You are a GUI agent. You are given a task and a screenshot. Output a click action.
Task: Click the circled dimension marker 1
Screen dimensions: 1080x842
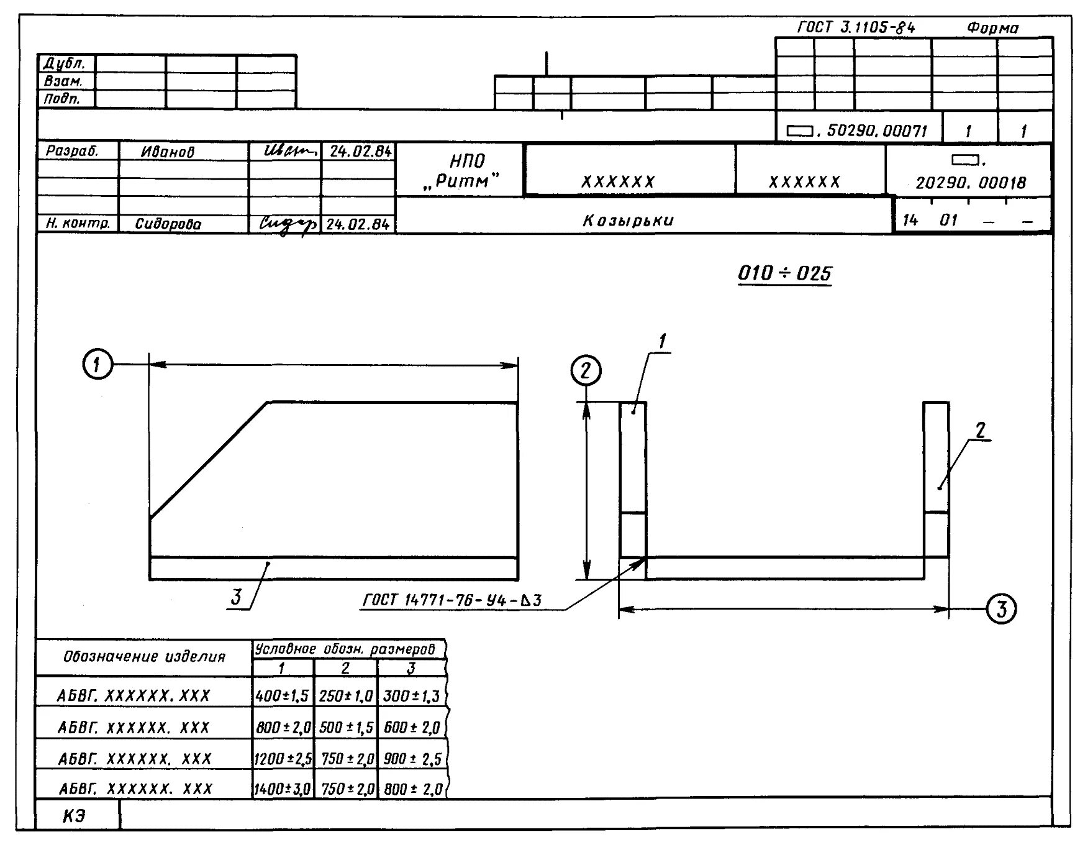98,365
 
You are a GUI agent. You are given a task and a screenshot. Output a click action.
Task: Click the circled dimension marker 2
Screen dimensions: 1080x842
586,371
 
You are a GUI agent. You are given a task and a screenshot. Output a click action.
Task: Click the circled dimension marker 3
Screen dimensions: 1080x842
1001,609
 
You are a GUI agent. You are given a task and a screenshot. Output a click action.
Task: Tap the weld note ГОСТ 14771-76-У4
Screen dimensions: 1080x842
452,600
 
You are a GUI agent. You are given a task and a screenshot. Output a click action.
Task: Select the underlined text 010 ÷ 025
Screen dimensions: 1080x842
784,273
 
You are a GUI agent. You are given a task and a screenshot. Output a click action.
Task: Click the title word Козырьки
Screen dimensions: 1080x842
628,221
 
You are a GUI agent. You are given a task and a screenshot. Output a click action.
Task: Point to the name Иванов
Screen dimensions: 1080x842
168,152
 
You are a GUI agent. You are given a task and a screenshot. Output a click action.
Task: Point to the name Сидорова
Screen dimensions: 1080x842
168,224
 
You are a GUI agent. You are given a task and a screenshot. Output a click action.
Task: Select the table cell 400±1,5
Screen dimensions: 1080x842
282,696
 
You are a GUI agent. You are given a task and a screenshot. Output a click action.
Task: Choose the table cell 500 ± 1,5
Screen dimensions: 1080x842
346,728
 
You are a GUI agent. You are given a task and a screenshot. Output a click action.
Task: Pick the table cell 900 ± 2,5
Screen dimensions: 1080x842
412,759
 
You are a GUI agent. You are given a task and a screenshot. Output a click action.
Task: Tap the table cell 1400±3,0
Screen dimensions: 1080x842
282,789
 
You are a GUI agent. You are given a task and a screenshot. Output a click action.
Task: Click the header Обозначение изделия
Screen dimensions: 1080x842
144,657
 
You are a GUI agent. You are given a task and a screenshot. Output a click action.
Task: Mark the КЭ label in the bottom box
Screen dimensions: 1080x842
74,816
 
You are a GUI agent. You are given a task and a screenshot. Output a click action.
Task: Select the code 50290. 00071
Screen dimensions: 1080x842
876,131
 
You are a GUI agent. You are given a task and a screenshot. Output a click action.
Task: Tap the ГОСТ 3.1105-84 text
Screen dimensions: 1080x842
856,28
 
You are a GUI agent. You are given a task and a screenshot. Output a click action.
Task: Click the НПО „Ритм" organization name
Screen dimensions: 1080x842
466,171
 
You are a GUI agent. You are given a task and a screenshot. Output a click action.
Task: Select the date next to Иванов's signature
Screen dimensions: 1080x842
360,152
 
